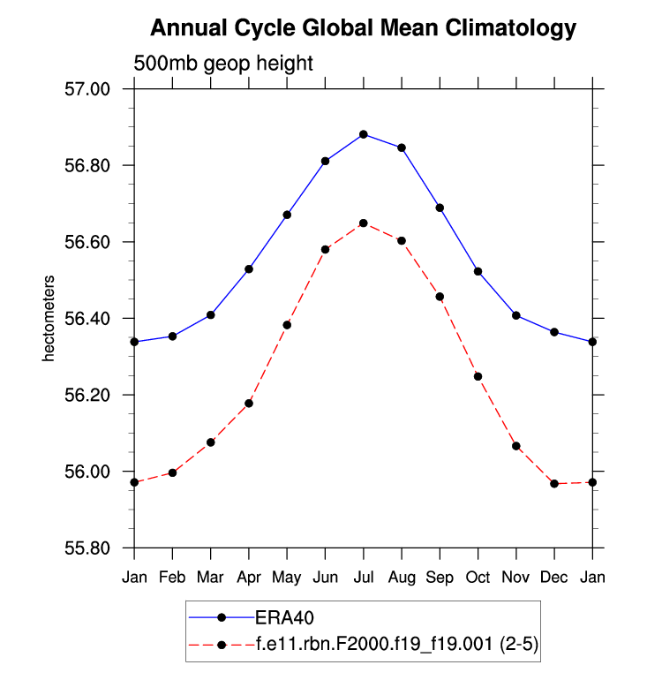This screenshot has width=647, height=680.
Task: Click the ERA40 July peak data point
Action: point(364,134)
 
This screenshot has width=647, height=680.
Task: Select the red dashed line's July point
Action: point(364,223)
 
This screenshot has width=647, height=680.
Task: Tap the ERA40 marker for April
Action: point(249,268)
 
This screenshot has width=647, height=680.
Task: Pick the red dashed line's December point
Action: point(554,484)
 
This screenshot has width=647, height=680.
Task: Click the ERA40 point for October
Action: point(478,271)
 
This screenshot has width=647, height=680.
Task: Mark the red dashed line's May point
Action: point(287,325)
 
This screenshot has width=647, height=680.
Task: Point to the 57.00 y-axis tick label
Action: point(87,89)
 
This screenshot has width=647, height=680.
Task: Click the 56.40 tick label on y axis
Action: point(87,319)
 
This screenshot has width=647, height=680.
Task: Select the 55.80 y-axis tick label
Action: point(87,548)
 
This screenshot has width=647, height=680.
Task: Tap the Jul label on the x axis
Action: point(364,578)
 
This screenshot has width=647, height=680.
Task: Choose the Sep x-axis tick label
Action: point(440,578)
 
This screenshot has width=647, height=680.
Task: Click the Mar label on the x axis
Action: point(211,578)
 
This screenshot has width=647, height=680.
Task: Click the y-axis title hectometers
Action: point(49,319)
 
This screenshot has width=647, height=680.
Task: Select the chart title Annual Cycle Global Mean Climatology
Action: point(363,28)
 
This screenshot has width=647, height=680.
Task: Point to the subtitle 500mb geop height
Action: point(223,64)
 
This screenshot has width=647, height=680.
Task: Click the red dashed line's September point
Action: point(440,297)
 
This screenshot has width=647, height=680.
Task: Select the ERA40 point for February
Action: point(173,336)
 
